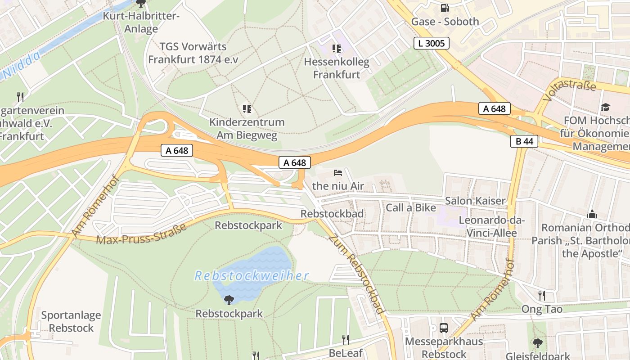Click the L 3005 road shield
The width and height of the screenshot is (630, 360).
pos(432,43)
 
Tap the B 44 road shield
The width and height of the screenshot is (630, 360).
pos(524,141)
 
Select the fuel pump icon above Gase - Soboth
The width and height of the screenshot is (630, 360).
pos(445,8)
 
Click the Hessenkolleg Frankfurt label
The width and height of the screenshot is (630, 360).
pos(337,68)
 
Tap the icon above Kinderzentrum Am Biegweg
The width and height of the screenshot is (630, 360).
pos(247,108)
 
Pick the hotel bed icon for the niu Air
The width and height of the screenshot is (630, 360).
pos(338,173)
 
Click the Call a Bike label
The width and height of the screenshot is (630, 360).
pos(411,207)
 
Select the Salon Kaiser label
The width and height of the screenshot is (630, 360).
pos(475,201)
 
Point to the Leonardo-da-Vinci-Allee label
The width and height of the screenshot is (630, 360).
pos(491,227)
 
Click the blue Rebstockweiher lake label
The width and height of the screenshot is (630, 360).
pos(252,275)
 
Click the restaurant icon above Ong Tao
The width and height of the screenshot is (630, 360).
pos(542,295)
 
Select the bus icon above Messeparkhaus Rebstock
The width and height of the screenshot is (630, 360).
pos(444,328)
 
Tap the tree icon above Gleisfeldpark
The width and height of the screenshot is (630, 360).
pos(537,344)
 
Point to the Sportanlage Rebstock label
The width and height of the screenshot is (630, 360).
pos(71,321)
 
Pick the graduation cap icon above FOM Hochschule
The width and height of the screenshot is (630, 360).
pos(606,108)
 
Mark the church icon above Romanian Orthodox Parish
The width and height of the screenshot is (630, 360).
pos(592,214)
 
